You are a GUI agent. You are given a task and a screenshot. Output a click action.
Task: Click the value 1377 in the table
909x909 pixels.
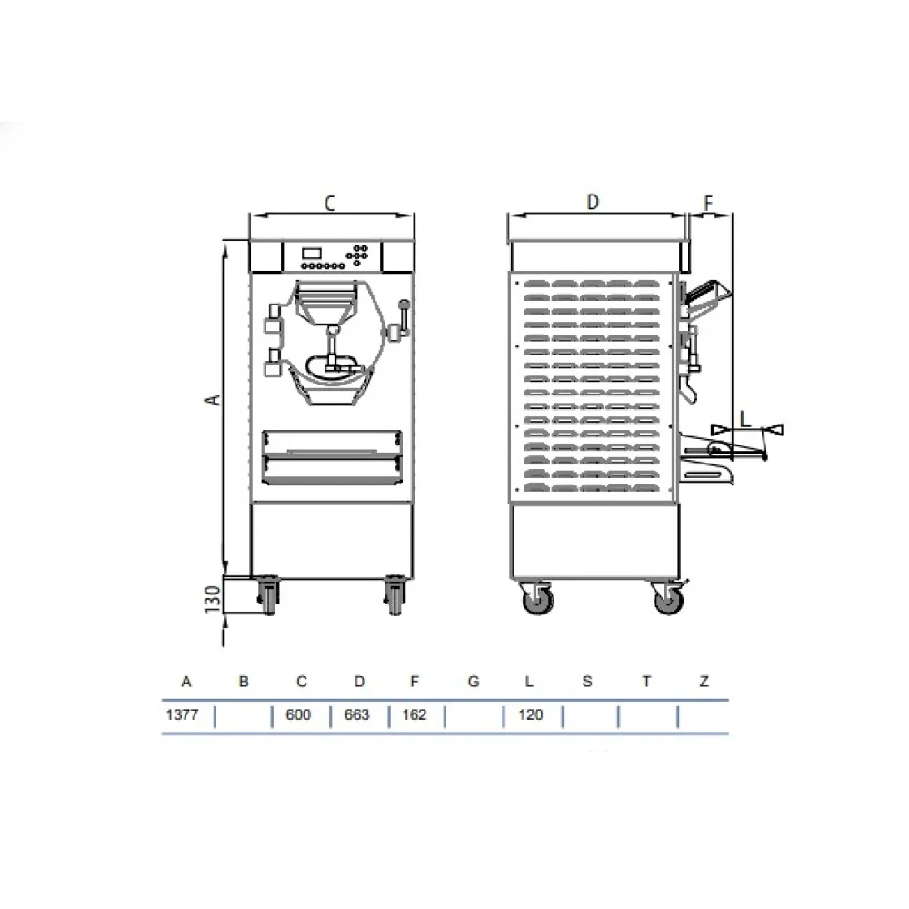pyautogui.click(x=182, y=715)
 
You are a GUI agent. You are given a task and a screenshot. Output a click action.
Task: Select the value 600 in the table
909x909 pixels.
pyautogui.click(x=298, y=715)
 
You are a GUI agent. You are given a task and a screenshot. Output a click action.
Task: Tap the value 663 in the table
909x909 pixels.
pyautogui.click(x=357, y=715)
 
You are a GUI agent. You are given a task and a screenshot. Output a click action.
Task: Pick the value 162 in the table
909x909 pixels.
pyautogui.click(x=414, y=715)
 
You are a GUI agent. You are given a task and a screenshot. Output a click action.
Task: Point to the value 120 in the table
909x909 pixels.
pyautogui.click(x=530, y=715)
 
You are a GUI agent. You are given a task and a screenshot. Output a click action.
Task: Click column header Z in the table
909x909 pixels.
pyautogui.click(x=704, y=682)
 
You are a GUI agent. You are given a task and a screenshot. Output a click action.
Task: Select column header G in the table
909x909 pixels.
pyautogui.click(x=473, y=682)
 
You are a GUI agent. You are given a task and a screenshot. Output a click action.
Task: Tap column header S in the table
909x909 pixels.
pyautogui.click(x=587, y=682)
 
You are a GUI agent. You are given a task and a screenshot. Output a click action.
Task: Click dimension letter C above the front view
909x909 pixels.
pyautogui.click(x=330, y=204)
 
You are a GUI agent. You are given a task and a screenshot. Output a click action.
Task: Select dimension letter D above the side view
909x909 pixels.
pyautogui.click(x=592, y=203)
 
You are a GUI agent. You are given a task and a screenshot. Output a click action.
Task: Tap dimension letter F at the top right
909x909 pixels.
pyautogui.click(x=709, y=203)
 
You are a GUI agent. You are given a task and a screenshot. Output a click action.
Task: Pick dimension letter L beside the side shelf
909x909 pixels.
pyautogui.click(x=744, y=419)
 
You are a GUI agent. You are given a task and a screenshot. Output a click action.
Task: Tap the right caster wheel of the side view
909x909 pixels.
pyautogui.click(x=668, y=599)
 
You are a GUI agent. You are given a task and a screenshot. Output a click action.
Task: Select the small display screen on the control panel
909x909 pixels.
pyautogui.click(x=311, y=252)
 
